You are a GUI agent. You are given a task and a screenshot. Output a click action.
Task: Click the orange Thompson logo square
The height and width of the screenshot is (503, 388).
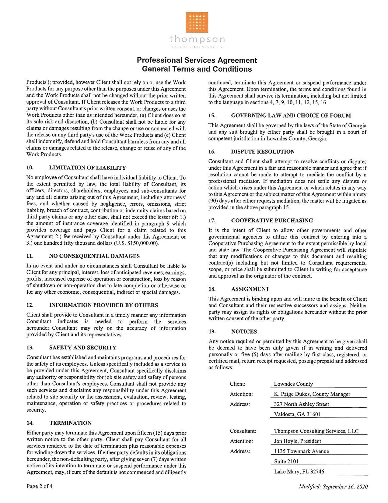point(197,22)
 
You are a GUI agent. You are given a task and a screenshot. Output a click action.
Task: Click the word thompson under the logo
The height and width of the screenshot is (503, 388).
point(197,39)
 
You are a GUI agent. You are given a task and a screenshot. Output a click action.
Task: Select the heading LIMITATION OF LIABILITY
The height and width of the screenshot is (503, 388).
point(87,168)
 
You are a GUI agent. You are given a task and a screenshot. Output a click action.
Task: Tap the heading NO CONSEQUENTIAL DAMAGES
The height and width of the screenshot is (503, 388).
point(94,256)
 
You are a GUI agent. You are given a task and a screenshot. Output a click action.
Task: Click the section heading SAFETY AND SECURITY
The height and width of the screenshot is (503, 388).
point(83,348)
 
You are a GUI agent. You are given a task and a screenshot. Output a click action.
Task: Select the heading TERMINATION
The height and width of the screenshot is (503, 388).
point(70,423)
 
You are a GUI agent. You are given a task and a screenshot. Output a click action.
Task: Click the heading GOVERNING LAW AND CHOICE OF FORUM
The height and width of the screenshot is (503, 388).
point(291,116)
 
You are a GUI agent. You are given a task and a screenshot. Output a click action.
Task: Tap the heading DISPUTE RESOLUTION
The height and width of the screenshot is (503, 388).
point(263,152)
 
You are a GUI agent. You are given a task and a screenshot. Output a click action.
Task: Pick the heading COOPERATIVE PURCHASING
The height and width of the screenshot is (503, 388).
point(272,221)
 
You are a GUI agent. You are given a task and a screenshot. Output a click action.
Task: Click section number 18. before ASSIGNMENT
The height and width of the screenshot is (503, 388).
point(212,289)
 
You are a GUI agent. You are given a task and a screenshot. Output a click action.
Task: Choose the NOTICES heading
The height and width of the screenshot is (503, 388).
point(244,332)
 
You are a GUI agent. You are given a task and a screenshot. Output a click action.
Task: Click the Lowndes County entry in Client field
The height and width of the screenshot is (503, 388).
point(293,384)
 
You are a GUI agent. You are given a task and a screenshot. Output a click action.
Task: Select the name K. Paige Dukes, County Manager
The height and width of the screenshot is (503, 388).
point(312,394)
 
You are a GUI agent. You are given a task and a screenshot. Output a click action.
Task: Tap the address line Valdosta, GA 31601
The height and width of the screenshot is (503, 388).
point(297,414)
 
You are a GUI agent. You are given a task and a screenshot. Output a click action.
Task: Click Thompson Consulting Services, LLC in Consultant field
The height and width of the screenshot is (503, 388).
point(316,431)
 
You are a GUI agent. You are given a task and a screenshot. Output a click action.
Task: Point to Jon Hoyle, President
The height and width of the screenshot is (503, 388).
point(297,441)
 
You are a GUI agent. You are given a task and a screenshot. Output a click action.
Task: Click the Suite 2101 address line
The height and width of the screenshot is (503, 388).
point(286,462)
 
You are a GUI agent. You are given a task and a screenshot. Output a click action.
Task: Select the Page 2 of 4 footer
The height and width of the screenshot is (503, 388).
point(40,486)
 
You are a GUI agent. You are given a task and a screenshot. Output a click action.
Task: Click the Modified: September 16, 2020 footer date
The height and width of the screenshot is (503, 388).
point(333,487)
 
